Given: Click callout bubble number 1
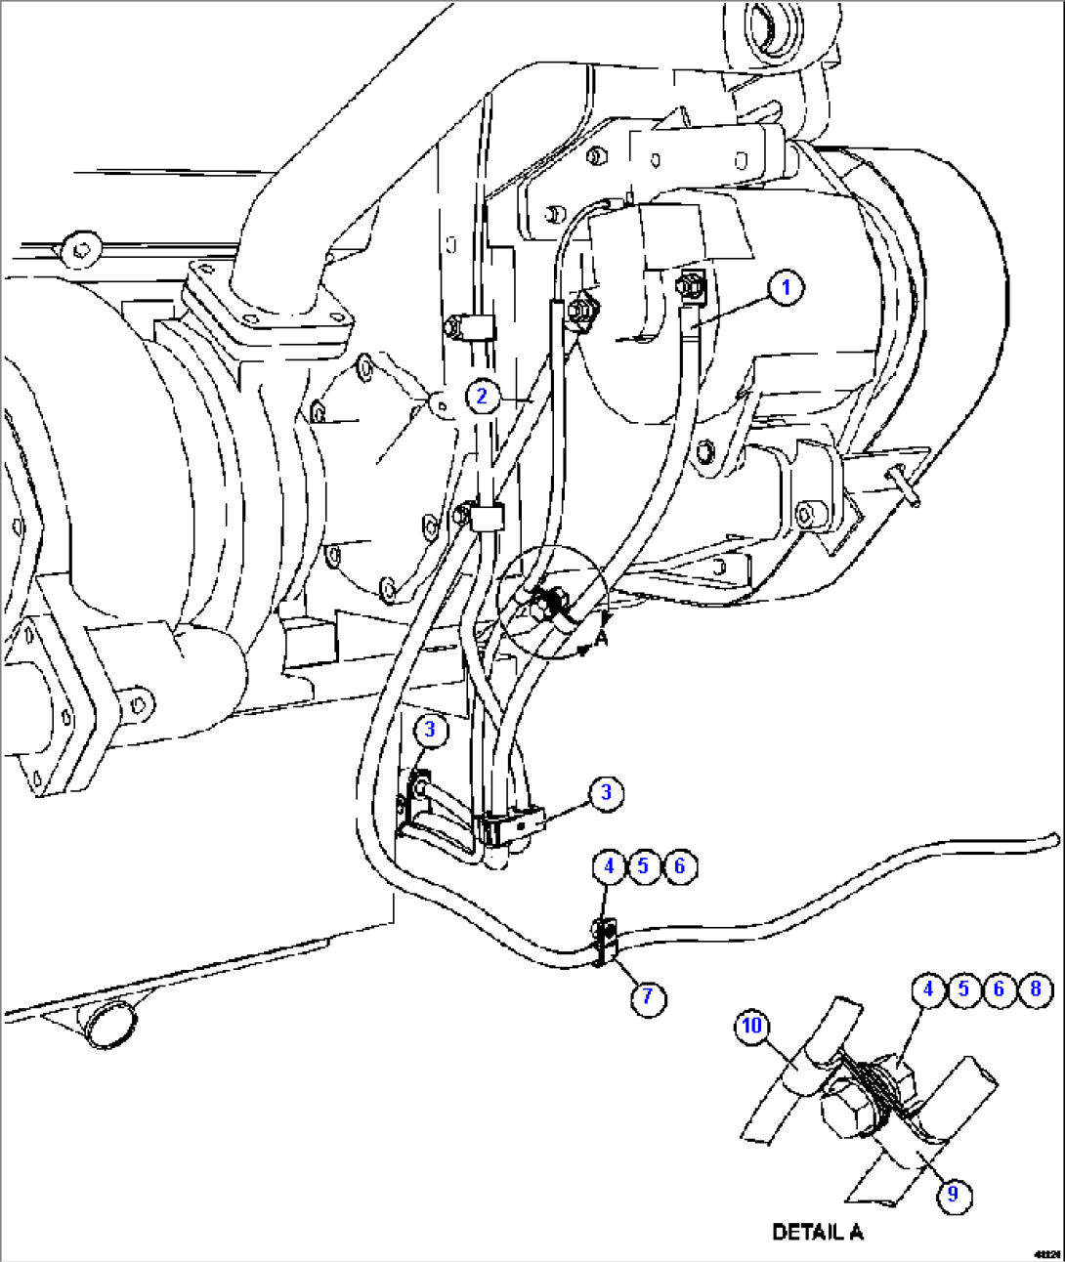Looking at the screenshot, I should click(x=787, y=288).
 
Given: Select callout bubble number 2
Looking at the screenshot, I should click(x=481, y=396).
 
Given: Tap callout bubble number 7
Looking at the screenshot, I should click(x=647, y=997).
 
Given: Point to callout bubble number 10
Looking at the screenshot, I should click(x=751, y=1026).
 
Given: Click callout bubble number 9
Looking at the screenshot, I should click(x=953, y=1194).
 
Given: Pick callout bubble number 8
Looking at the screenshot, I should click(x=1036, y=989).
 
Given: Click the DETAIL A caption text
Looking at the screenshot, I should click(x=818, y=1232).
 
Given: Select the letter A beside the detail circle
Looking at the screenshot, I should click(x=602, y=636).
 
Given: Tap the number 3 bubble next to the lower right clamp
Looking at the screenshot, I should click(x=606, y=791).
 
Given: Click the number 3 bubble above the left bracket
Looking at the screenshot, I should click(x=430, y=730).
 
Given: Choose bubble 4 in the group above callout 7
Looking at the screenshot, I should click(x=609, y=866).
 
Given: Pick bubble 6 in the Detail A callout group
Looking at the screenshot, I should click(x=999, y=989).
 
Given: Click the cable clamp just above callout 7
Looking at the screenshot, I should click(x=604, y=941).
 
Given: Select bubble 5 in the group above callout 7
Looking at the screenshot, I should click(x=643, y=866).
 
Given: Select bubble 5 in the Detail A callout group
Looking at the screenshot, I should click(x=963, y=989).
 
